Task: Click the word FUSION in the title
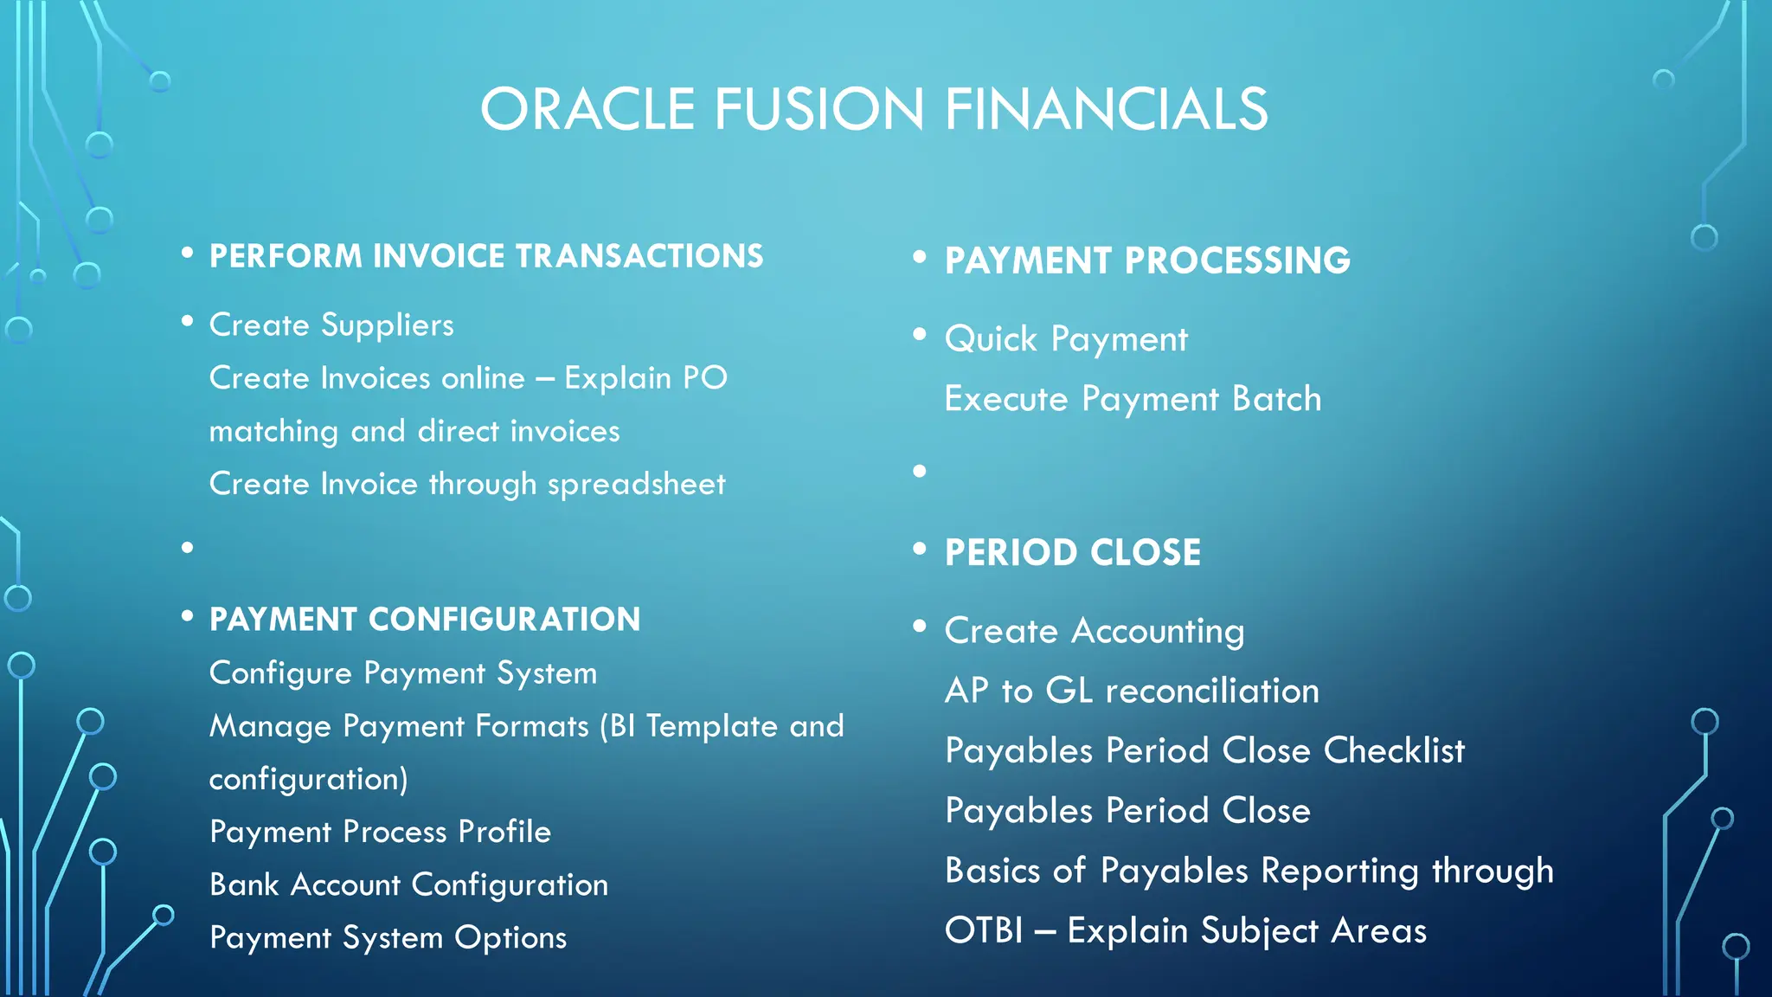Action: [819, 110]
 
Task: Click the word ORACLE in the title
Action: [587, 110]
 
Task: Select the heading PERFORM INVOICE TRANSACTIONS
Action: [486, 256]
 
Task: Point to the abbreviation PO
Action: [704, 378]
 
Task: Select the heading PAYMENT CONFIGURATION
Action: [425, 620]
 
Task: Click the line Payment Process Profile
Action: [380, 832]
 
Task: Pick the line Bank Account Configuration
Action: [408, 884]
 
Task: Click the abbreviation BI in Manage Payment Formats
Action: [622, 726]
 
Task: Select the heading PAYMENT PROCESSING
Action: [1147, 261]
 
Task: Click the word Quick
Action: [991, 338]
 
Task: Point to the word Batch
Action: [1276, 399]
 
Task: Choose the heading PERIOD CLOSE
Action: [1072, 552]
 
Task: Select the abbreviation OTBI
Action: [983, 930]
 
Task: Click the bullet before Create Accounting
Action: [920, 626]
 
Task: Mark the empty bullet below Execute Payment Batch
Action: [920, 471]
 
